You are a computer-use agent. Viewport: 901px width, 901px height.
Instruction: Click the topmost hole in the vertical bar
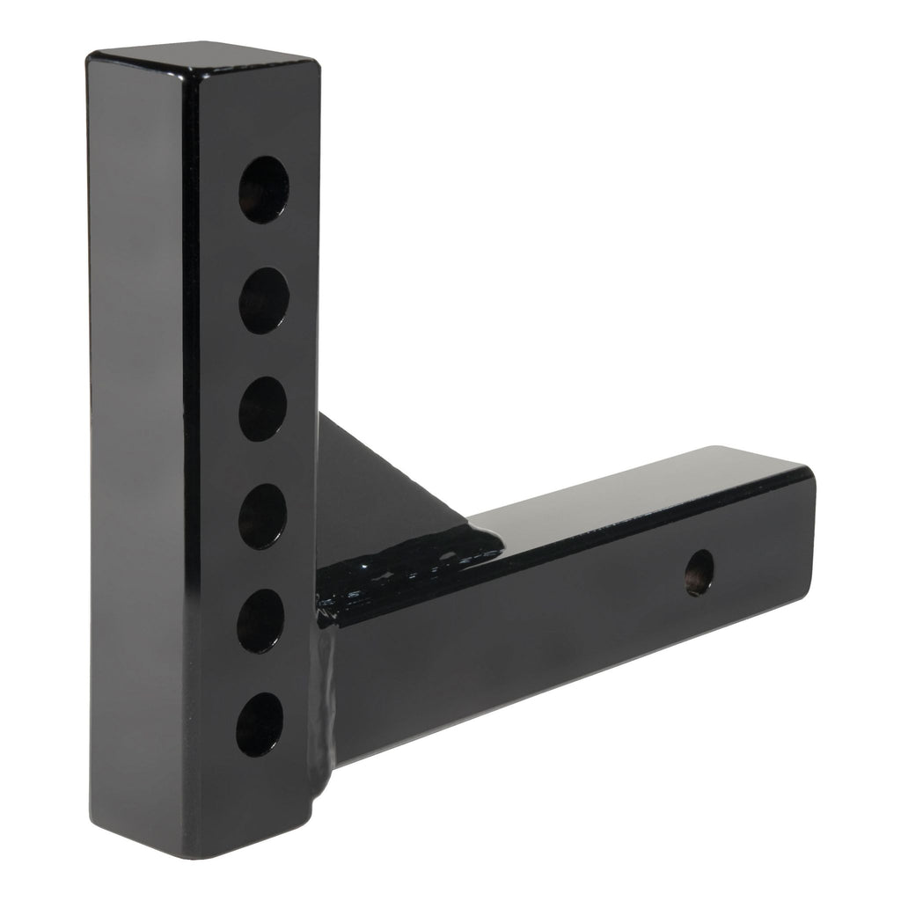(x=263, y=189)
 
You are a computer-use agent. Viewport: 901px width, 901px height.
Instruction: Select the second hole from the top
(x=263, y=300)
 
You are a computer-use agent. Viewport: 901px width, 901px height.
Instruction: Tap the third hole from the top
(x=262, y=409)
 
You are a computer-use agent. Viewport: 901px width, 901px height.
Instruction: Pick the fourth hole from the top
(x=261, y=516)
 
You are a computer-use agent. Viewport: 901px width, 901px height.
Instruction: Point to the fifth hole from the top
(x=260, y=621)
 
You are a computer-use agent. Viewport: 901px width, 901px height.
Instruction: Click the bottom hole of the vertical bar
(x=260, y=724)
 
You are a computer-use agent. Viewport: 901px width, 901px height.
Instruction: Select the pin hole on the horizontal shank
(x=700, y=573)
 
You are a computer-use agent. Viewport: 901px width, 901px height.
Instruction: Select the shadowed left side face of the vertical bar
(x=136, y=440)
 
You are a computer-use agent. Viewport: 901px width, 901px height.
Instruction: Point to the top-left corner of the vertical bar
(x=91, y=55)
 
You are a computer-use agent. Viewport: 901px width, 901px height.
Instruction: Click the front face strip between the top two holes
(x=263, y=245)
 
